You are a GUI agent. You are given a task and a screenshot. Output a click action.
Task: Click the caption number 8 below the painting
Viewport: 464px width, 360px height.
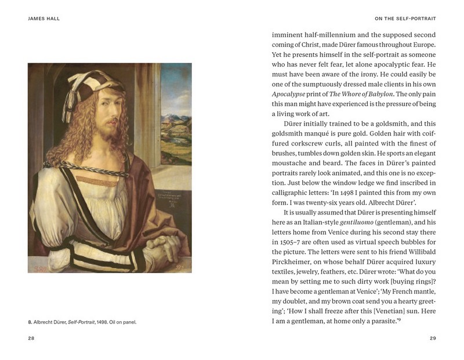click(30, 322)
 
